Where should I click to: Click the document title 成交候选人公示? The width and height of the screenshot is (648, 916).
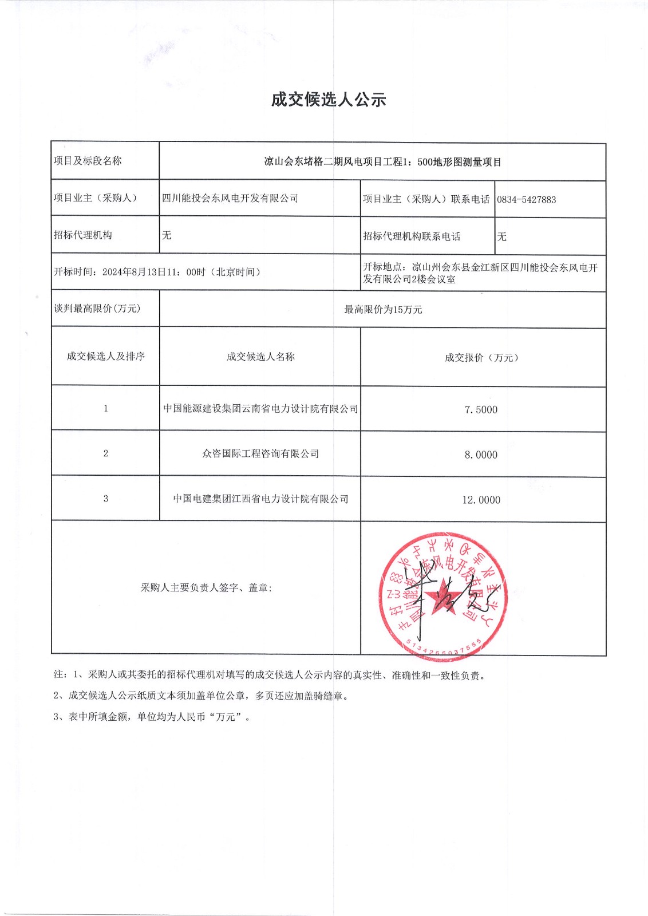point(329,100)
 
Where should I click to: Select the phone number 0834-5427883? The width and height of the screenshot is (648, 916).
point(526,200)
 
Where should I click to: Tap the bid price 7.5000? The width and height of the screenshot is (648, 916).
point(481,410)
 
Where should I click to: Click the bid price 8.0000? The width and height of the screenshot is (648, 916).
point(481,455)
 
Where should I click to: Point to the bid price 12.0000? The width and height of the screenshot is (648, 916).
point(481,500)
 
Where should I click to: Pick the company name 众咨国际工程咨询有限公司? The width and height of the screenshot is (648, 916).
point(260,453)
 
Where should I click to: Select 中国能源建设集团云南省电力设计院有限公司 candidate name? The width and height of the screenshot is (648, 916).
point(260,409)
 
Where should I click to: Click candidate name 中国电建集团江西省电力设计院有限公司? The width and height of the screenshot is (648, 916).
point(260,499)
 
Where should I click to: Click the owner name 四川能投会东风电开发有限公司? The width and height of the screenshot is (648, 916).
point(230,198)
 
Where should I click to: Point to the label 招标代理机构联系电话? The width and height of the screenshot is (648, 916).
point(412,236)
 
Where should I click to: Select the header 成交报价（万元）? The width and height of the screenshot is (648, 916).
point(481,358)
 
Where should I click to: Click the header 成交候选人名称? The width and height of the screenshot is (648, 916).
point(260,357)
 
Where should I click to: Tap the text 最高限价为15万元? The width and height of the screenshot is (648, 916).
point(383,310)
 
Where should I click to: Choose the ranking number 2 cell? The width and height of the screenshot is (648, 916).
point(105,453)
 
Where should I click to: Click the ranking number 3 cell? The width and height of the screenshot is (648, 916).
point(105,499)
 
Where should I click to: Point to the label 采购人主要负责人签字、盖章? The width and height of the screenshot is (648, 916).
point(206,588)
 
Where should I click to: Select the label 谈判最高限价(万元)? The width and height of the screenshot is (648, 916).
point(97,309)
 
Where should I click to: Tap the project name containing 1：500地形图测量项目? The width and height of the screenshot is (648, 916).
point(382,162)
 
